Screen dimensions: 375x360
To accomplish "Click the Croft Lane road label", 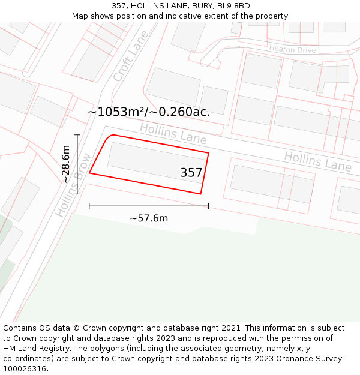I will click(x=130, y=58).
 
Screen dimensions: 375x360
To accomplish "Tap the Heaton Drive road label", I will click(x=292, y=49).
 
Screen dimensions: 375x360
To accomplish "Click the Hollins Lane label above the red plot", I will click(x=173, y=134).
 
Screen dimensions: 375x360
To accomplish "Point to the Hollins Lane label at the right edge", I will click(x=317, y=161).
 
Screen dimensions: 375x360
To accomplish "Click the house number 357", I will click(x=191, y=173).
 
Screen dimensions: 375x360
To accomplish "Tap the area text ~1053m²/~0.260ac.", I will click(x=149, y=112).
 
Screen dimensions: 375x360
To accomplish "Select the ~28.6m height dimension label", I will click(x=65, y=164).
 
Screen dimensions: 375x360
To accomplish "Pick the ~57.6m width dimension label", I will click(x=149, y=218).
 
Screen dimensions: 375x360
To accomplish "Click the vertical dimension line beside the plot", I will click(x=77, y=164).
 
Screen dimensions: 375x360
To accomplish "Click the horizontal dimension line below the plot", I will click(x=149, y=206).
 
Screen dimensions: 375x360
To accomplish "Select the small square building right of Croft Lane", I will click(x=214, y=100).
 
